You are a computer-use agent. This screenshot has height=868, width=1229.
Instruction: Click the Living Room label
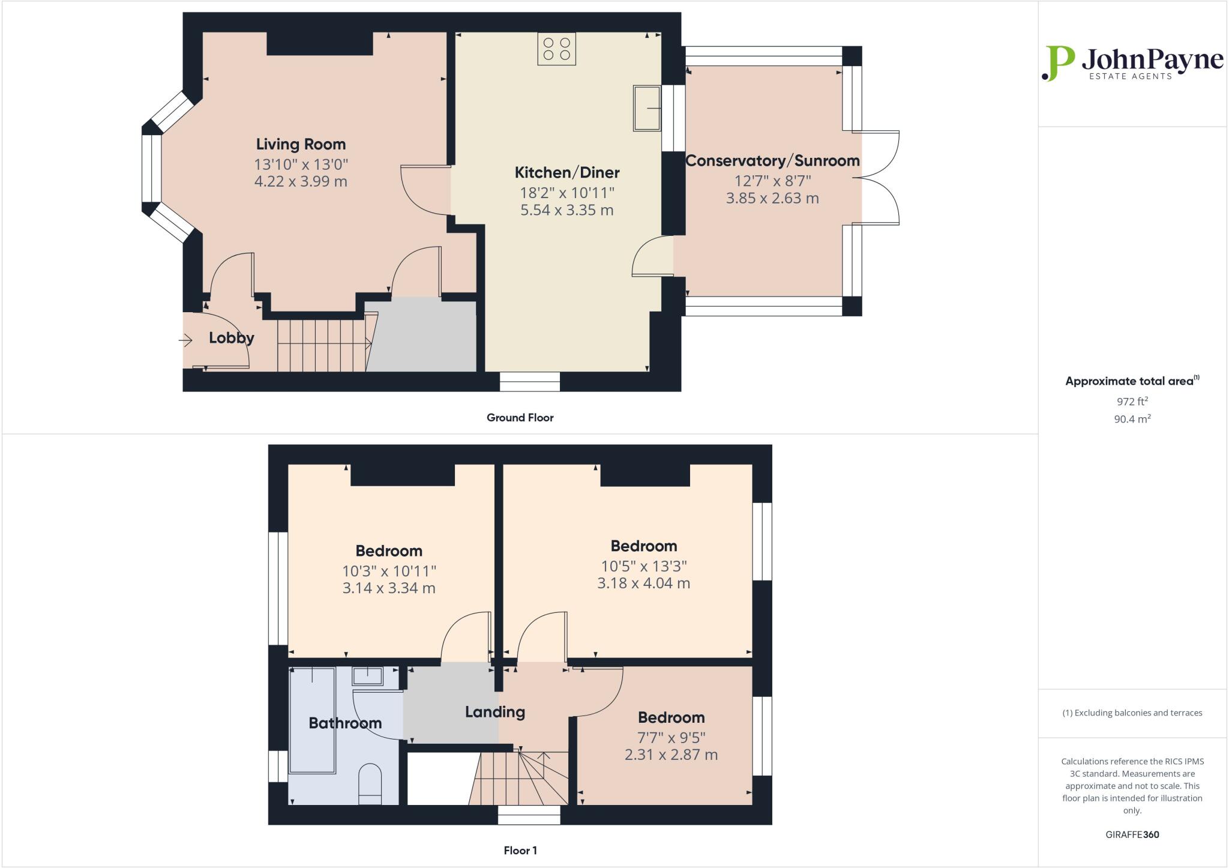click(301, 144)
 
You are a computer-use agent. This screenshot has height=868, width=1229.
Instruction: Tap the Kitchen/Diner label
click(567, 173)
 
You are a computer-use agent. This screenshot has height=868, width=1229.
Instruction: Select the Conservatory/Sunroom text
click(772, 161)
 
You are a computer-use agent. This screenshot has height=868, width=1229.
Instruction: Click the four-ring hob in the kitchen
click(556, 49)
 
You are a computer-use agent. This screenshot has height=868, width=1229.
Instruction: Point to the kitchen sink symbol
click(646, 108)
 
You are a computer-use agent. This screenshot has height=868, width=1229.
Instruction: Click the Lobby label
click(231, 338)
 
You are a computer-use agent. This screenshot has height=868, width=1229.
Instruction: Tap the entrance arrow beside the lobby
click(185, 341)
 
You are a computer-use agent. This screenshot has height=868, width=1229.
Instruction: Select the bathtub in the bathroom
click(312, 720)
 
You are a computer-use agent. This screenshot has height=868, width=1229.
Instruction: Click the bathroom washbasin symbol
click(367, 677)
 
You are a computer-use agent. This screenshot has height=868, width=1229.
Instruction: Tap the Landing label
click(494, 712)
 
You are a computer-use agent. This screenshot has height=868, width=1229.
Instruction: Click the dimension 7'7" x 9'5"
click(671, 737)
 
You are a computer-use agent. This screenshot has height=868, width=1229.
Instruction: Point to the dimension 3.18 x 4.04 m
click(643, 583)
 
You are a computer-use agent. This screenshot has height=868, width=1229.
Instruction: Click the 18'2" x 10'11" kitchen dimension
click(567, 193)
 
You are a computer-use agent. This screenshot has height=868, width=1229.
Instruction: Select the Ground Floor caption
click(520, 418)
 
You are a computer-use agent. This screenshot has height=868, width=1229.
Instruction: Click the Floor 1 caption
click(520, 851)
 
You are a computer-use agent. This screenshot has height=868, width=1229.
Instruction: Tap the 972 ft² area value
click(1132, 402)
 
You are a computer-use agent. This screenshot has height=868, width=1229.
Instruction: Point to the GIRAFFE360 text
click(1132, 834)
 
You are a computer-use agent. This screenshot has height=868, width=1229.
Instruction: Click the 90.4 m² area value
click(1132, 419)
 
